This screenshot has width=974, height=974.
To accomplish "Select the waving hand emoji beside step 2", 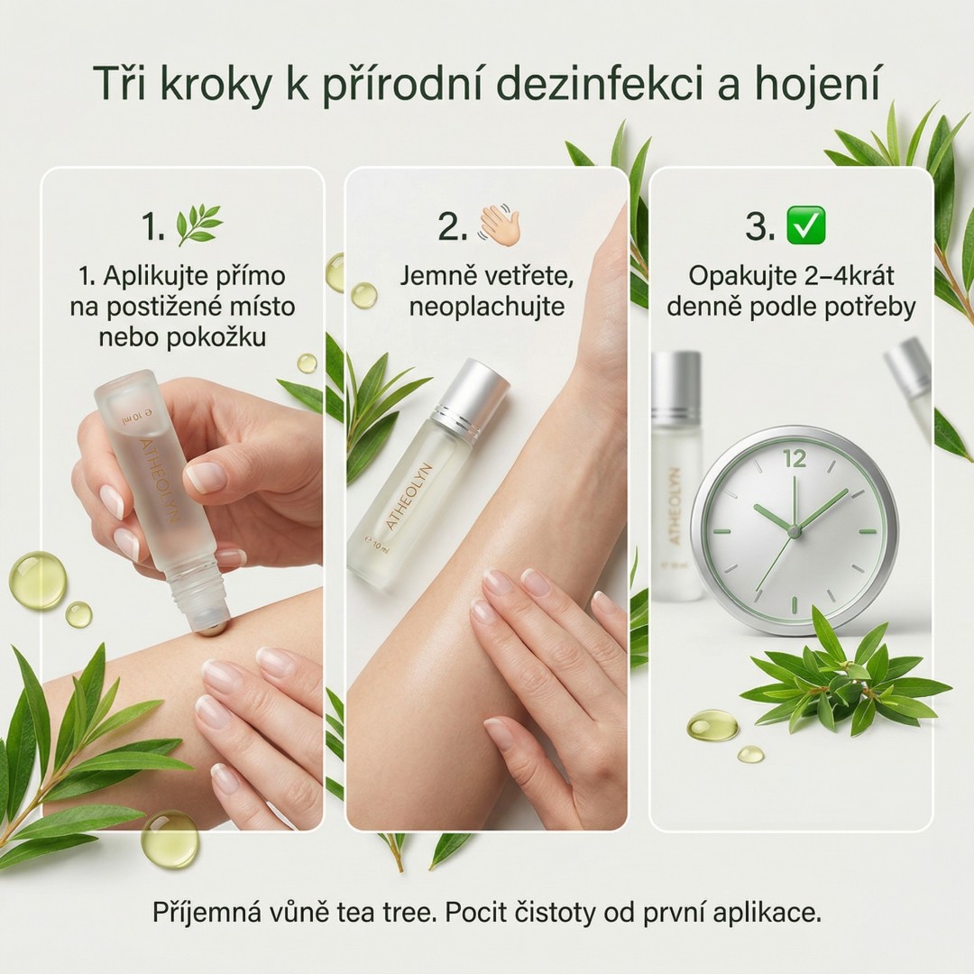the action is pos(499,225).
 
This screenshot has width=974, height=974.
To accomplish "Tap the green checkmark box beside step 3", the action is pos(805,225).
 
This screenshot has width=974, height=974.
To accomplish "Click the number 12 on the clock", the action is pos(795,459).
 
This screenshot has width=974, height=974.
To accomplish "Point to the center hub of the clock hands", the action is pos(794,531).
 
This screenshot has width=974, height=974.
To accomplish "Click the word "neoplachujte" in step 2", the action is pos(486,307).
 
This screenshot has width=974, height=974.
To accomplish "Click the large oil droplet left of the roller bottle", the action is pos(37,580).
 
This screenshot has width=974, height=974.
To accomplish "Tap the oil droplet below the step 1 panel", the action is pos(169,840).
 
